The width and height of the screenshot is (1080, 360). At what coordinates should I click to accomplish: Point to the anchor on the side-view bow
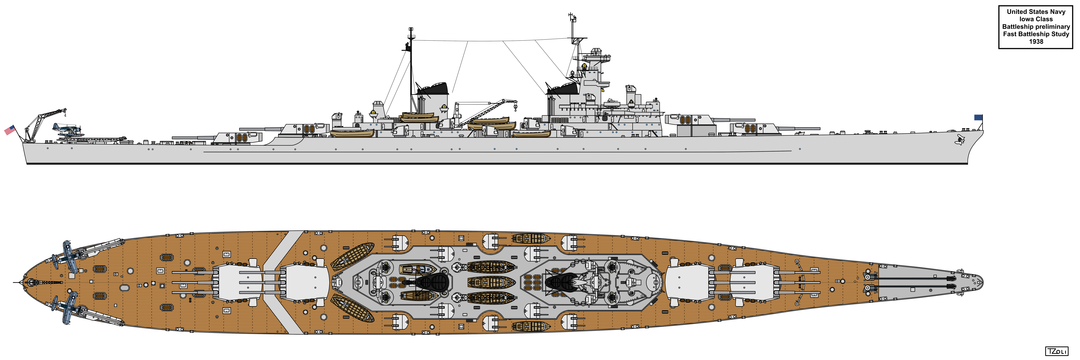click(959, 139)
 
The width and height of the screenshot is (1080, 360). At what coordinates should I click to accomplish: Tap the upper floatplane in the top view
click(67, 256)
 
